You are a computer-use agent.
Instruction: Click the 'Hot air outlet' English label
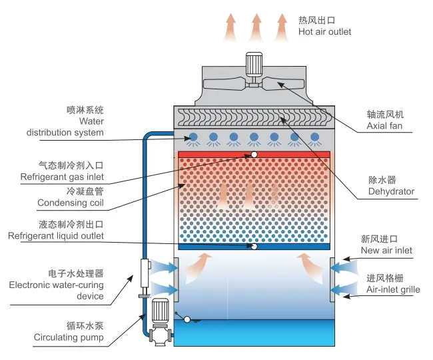pos(325,32)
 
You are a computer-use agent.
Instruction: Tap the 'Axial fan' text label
pos(385,125)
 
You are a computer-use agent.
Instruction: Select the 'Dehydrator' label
pos(391,192)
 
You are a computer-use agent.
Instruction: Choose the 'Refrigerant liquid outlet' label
pos(56,236)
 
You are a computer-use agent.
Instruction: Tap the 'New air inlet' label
pos(386,251)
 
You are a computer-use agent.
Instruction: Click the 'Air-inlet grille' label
pos(393,290)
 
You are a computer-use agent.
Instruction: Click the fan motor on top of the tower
pos(255,64)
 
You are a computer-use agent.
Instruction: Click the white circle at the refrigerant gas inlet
pos(254,155)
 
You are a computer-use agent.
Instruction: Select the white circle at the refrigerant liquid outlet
pos(254,246)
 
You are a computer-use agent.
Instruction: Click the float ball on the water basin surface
pos(187,320)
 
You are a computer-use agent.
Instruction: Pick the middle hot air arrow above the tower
pos(254,26)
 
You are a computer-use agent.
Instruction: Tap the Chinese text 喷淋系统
pos(85,109)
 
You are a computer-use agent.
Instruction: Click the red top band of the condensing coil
pos(254,155)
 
